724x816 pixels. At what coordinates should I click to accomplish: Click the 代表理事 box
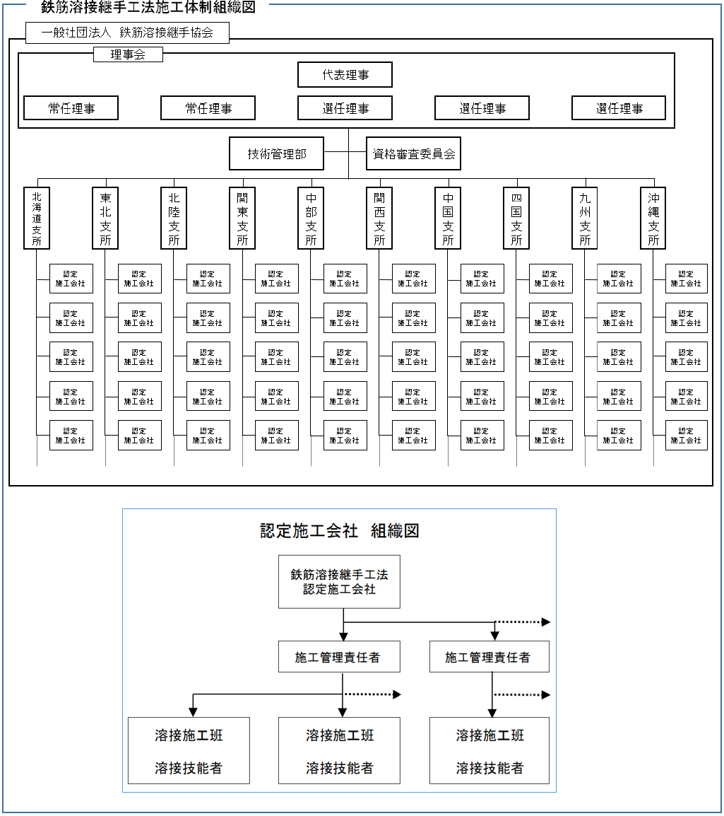point(345,75)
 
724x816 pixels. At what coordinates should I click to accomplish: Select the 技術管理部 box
point(276,153)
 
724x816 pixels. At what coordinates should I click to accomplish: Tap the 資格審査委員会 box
point(413,153)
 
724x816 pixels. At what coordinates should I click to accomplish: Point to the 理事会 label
point(128,54)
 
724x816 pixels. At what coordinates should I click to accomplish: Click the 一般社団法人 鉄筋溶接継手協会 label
point(127,33)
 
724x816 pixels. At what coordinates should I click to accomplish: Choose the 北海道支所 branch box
point(37,218)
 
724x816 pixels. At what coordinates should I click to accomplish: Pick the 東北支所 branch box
point(105,218)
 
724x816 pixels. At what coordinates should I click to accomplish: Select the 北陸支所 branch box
point(174,218)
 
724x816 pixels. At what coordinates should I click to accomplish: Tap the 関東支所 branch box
point(242,218)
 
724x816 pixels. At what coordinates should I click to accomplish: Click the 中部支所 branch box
point(311,218)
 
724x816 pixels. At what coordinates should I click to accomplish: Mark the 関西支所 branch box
point(379,218)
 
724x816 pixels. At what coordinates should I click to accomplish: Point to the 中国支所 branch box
point(448,218)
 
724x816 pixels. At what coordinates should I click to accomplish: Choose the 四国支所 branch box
point(516,218)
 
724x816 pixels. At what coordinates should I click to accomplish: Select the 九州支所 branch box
point(585,218)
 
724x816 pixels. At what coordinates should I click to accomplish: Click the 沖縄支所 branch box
point(653,218)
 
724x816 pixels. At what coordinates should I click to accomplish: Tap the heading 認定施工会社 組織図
point(339,531)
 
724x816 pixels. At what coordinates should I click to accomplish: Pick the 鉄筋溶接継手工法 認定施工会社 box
point(339,581)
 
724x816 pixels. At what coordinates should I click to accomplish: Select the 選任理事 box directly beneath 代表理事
point(345,108)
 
